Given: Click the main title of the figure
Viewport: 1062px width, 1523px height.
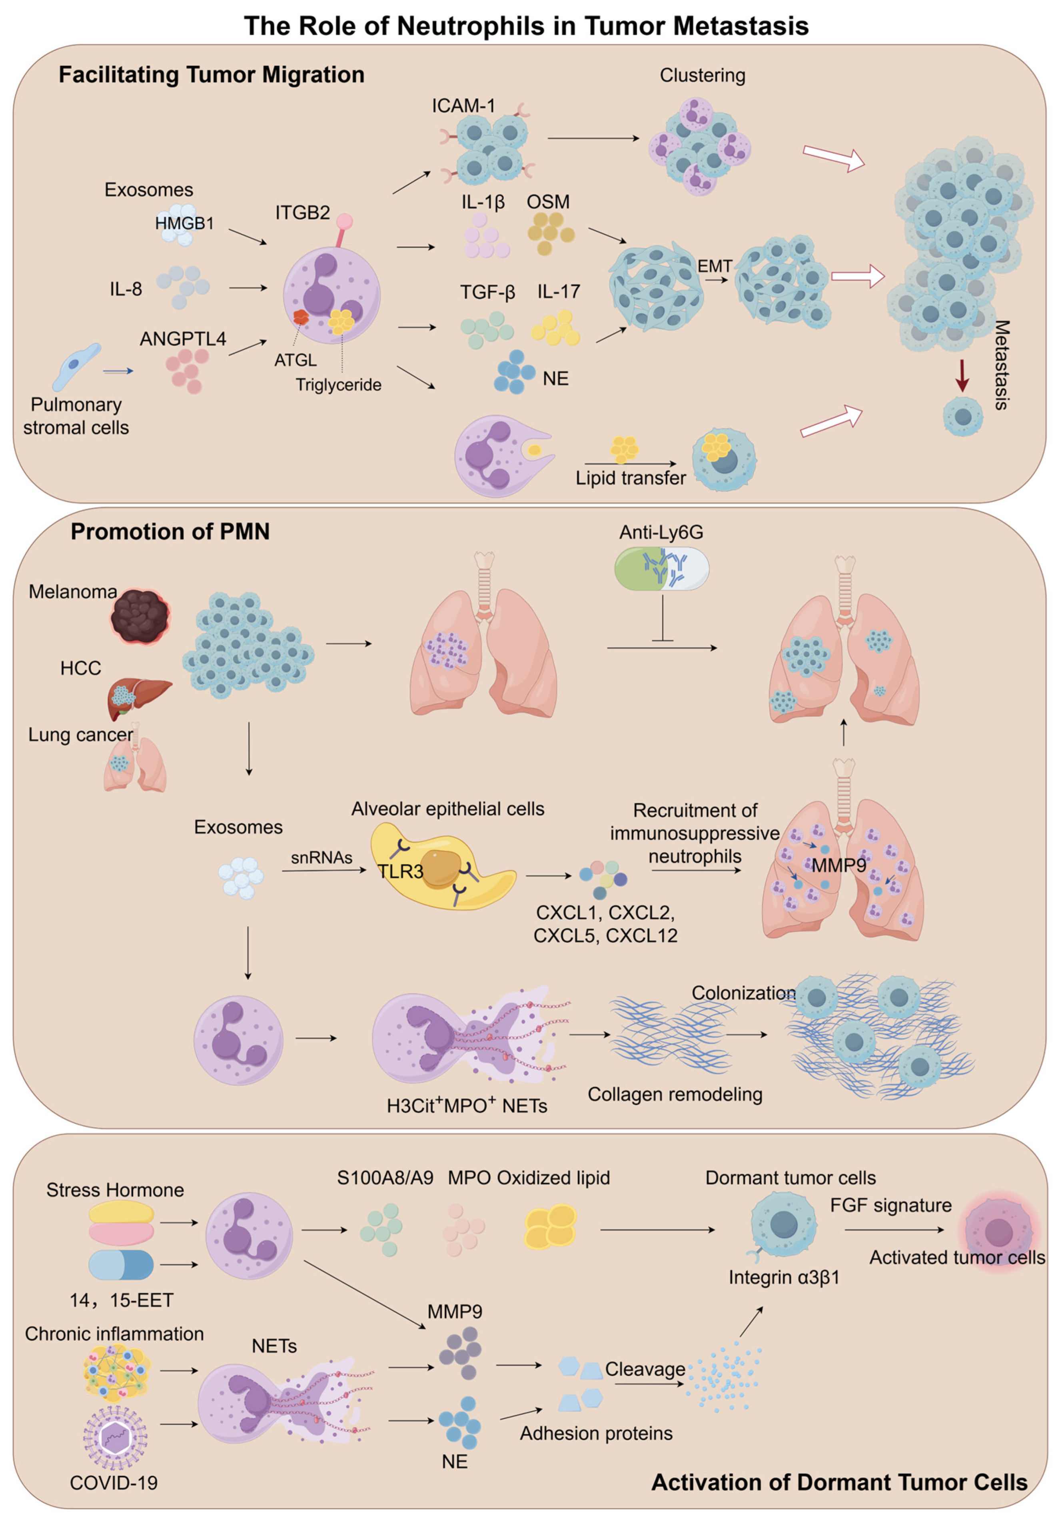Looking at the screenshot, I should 526,26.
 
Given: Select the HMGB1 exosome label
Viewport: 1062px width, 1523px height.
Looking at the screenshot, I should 184,223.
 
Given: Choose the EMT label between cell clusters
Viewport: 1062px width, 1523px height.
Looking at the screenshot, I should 715,266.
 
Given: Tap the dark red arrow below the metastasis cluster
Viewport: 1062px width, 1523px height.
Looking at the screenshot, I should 962,375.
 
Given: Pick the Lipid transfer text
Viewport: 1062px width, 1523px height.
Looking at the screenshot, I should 630,478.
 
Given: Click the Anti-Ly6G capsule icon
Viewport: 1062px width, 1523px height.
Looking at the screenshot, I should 661,568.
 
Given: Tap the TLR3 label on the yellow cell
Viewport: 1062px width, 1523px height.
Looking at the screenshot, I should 400,871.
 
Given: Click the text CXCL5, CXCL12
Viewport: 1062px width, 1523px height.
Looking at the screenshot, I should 605,936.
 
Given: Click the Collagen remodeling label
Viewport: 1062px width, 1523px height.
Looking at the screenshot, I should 675,1094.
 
